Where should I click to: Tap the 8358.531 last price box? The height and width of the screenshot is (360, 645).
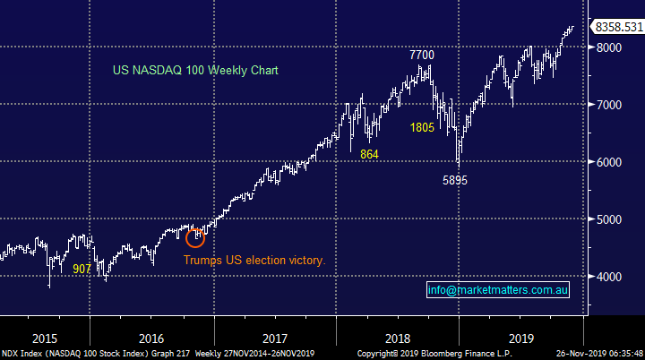618,28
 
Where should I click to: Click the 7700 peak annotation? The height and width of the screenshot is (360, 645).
422,56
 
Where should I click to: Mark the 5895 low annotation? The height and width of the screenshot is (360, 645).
456,180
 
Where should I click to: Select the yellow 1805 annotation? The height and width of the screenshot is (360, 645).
423,128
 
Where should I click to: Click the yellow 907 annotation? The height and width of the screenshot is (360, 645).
82,268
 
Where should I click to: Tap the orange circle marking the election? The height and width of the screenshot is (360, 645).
195,236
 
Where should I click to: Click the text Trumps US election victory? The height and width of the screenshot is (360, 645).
254,261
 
